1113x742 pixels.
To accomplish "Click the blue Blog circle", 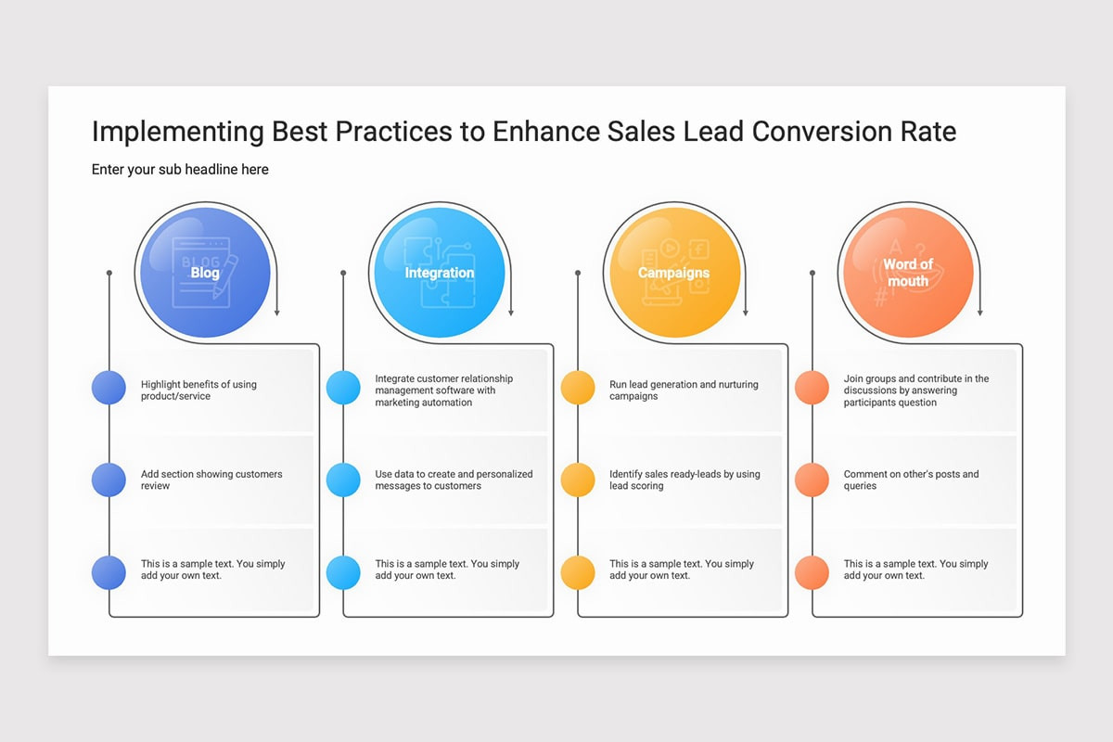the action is pyautogui.click(x=205, y=273).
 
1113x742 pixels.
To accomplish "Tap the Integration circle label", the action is pyautogui.click(x=440, y=273).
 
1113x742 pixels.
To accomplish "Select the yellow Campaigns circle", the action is pyautogui.click(x=674, y=273).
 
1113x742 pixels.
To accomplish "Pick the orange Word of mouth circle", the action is pyautogui.click(x=908, y=273).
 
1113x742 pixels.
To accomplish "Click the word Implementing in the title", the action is pyautogui.click(x=177, y=133).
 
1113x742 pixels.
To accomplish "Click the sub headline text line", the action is pyautogui.click(x=180, y=170).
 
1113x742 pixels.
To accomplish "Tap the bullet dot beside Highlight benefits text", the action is pyautogui.click(x=109, y=387).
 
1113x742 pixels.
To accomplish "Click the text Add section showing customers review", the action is pyautogui.click(x=211, y=480).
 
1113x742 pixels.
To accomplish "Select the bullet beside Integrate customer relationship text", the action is pyautogui.click(x=343, y=387).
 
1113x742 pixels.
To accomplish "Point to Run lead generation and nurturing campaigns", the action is pyautogui.click(x=684, y=390).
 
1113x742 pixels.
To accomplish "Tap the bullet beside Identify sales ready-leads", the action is pyautogui.click(x=578, y=480).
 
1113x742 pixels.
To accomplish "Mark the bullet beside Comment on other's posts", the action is pyautogui.click(x=812, y=480).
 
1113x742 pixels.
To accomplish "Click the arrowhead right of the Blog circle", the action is pyautogui.click(x=276, y=313).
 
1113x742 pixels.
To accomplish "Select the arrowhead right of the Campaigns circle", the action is pyautogui.click(x=746, y=313).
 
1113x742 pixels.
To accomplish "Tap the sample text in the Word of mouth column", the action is pyautogui.click(x=915, y=569).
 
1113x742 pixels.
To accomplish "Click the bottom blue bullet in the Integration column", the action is pyautogui.click(x=343, y=572).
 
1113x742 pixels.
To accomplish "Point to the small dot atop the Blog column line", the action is pyautogui.click(x=109, y=273).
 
